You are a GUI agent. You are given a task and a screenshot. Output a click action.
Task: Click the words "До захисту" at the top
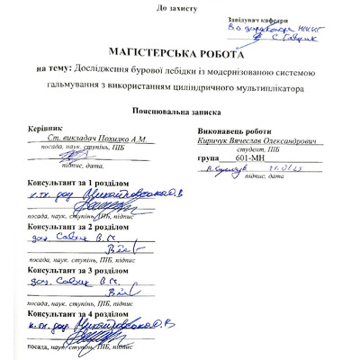pos(181,8)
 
